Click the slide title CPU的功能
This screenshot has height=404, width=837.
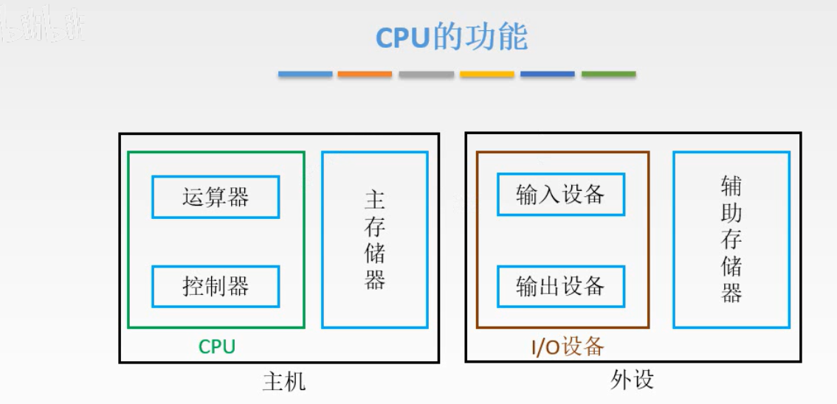click(x=452, y=37)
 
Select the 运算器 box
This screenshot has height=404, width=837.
click(x=216, y=197)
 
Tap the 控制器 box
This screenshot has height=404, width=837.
click(x=216, y=286)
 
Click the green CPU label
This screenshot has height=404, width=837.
click(x=217, y=346)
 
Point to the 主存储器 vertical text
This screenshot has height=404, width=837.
click(x=375, y=240)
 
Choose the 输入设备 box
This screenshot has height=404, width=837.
click(x=561, y=194)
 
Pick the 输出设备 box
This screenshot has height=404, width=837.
click(x=561, y=286)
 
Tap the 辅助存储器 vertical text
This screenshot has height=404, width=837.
click(x=731, y=240)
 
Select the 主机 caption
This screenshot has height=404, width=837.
click(x=284, y=381)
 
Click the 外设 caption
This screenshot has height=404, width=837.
click(x=633, y=380)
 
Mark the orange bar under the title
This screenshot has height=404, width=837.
click(x=365, y=74)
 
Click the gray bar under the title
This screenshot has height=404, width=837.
click(x=426, y=74)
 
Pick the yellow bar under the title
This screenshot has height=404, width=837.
click(x=487, y=74)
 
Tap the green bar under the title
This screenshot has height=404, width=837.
click(x=608, y=74)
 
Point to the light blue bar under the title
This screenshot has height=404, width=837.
click(x=305, y=74)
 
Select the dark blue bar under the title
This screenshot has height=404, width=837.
click(x=547, y=74)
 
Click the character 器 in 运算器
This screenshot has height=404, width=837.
click(x=238, y=197)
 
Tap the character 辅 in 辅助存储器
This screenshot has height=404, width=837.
click(x=731, y=187)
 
